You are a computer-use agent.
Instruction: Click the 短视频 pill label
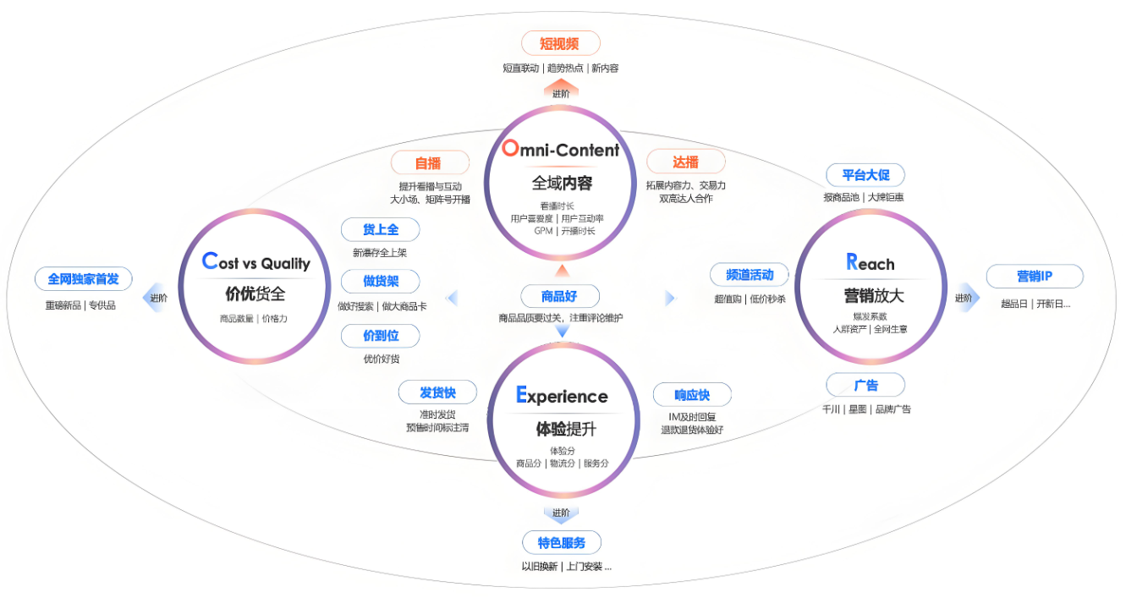click(x=560, y=43)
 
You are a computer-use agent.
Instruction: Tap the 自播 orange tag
click(x=429, y=162)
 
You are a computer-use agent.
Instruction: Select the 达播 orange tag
click(x=685, y=162)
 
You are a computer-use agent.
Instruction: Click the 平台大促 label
click(x=865, y=175)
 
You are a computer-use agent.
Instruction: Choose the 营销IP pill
click(x=1034, y=277)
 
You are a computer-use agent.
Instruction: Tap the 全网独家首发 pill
click(x=83, y=278)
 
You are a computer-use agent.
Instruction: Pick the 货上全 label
click(x=380, y=229)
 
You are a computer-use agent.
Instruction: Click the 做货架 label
click(x=380, y=282)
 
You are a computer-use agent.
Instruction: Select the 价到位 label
click(x=380, y=335)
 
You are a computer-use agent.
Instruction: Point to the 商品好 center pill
click(x=559, y=296)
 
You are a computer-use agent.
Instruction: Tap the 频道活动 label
click(x=749, y=274)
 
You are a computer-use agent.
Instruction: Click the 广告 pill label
click(x=865, y=385)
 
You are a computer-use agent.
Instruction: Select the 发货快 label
click(x=437, y=392)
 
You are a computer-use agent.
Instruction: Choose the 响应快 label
click(x=691, y=394)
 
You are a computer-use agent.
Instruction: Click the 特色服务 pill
click(x=561, y=542)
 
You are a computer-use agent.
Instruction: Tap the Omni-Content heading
click(x=560, y=151)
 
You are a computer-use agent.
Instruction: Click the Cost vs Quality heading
click(x=255, y=262)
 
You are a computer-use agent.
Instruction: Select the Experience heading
click(x=562, y=396)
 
